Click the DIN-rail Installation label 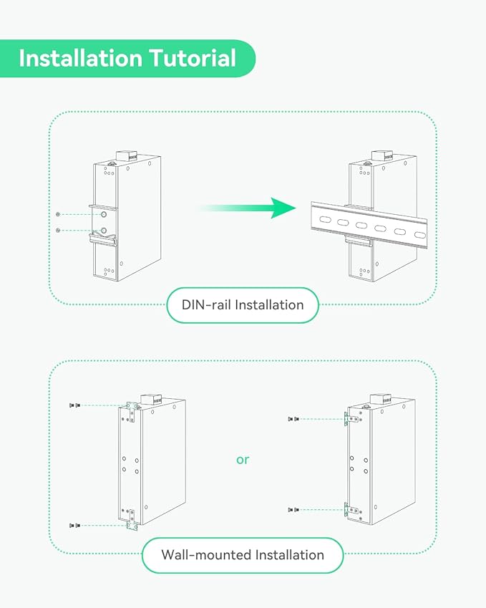pyautogui.click(x=243, y=305)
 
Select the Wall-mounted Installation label pyautogui.click(x=243, y=555)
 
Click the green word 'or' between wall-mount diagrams pyautogui.click(x=243, y=459)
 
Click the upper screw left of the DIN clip pyautogui.click(x=58, y=214)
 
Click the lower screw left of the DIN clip pyautogui.click(x=58, y=229)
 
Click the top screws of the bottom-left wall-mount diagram pyautogui.click(x=73, y=405)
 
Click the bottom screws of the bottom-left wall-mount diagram pyautogui.click(x=74, y=525)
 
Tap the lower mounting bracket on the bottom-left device pyautogui.click(x=131, y=518)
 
